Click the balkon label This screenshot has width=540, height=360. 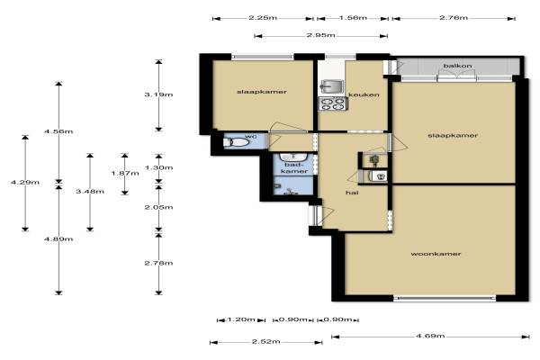457,66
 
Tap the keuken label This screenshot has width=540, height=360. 364,94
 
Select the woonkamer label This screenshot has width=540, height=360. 436,254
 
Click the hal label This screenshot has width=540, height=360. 352,193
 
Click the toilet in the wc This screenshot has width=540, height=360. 236,142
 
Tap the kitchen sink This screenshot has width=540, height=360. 331,86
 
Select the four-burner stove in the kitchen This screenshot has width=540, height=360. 332,104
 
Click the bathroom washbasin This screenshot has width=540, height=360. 292,157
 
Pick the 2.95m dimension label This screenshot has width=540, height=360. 320,35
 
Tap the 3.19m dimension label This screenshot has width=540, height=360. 158,94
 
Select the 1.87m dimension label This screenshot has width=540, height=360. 125,173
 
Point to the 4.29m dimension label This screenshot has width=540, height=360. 25,182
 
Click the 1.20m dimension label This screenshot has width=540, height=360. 241,319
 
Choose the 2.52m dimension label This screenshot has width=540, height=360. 265,341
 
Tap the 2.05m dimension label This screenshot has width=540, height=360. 158,207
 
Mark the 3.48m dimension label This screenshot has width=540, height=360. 90,191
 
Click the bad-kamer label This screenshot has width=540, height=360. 294,168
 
